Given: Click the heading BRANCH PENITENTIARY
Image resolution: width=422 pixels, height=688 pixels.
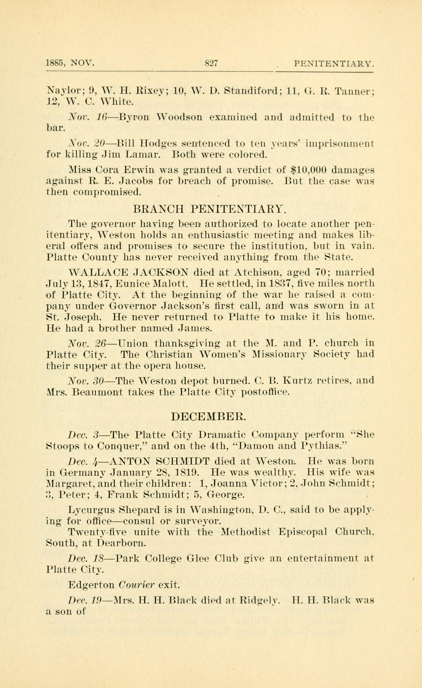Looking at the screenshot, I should tap(209, 209).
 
